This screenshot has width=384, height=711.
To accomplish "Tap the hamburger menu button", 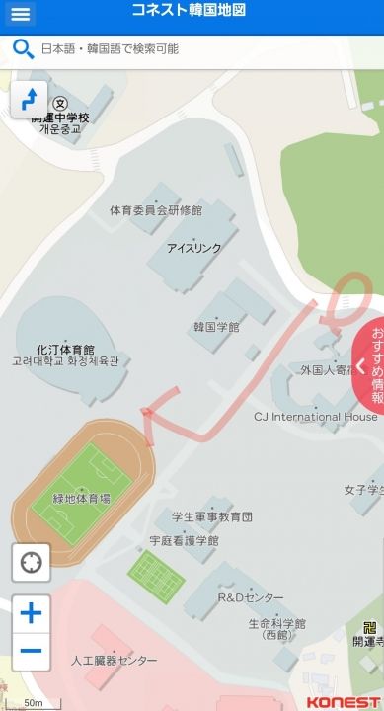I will (x=21, y=14).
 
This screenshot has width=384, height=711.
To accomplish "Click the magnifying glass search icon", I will (x=22, y=48).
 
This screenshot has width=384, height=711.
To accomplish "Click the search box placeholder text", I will (x=110, y=48).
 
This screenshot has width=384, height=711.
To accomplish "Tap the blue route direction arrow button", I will (x=29, y=99).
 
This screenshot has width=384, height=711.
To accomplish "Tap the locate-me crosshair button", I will (x=31, y=563).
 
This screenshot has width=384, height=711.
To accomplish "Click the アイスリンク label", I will (x=193, y=248).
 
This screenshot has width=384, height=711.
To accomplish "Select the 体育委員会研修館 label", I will (x=156, y=210).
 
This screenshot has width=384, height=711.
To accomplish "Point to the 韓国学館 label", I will (x=216, y=326).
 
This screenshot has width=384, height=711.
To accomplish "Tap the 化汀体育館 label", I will (x=65, y=350).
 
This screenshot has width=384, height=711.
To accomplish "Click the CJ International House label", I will (x=315, y=417).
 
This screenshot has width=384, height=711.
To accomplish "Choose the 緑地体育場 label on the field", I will (x=82, y=499).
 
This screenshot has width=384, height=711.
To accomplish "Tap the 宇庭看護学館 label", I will (x=184, y=541).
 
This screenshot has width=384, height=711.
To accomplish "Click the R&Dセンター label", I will (x=250, y=598).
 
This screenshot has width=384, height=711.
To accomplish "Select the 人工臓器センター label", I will (x=115, y=660).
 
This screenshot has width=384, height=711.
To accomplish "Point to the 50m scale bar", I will (x=35, y=702).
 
